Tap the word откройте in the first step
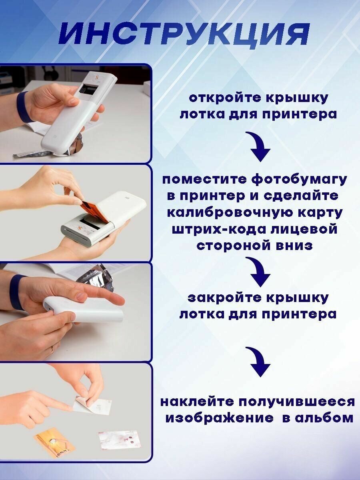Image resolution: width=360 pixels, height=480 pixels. point(225,98)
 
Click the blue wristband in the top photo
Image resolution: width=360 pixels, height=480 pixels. point(24,106)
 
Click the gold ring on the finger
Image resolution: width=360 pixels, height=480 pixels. point(52,350)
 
